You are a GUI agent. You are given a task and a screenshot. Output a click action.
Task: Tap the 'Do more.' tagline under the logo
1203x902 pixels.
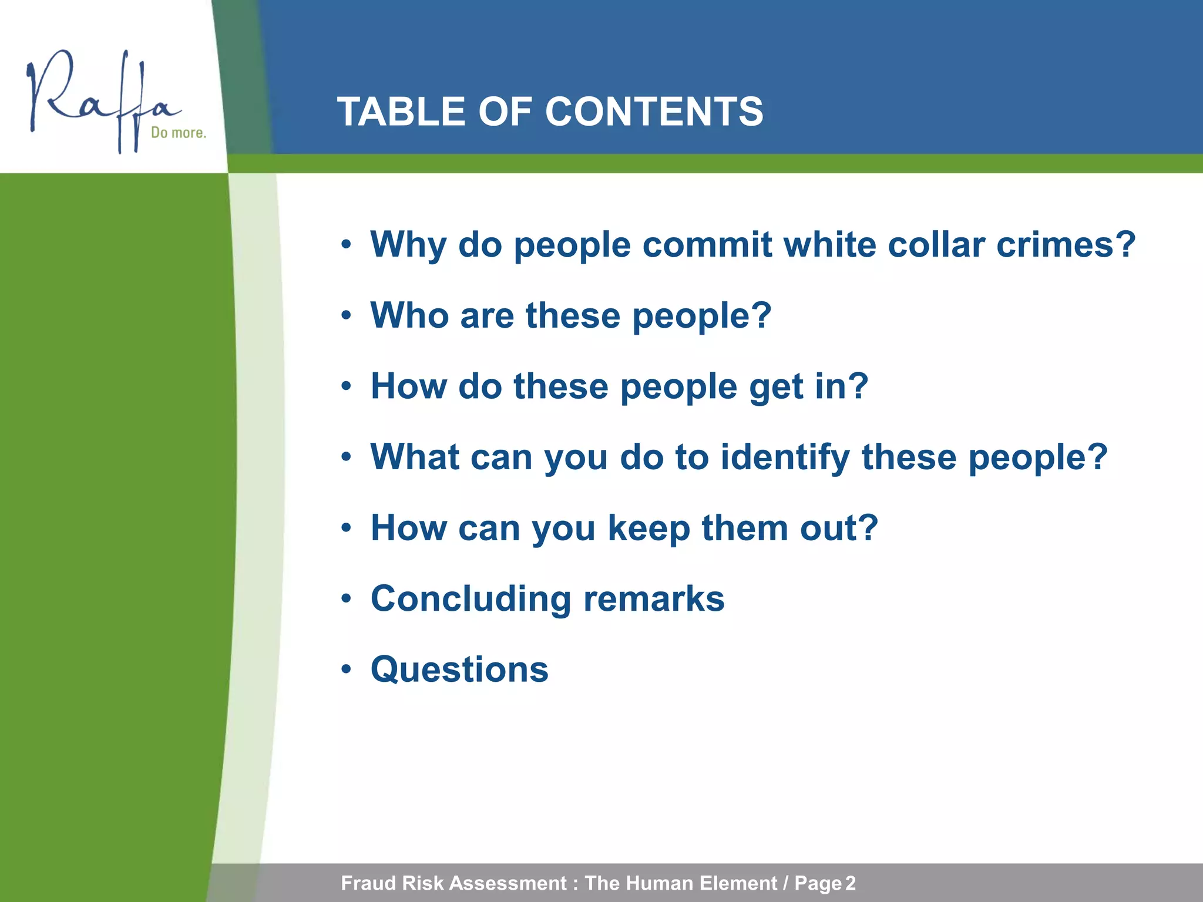coord(179,133)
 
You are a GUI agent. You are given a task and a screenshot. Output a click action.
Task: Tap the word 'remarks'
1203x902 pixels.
coord(654,599)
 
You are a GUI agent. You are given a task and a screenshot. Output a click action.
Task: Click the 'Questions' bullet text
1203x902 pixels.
coord(459,669)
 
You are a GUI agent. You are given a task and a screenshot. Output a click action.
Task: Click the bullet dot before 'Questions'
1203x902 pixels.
coord(347,669)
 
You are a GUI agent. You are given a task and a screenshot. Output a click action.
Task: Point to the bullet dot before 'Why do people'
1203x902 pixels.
coord(347,244)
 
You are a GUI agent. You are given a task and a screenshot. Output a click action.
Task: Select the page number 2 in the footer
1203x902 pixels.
coord(850,883)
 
